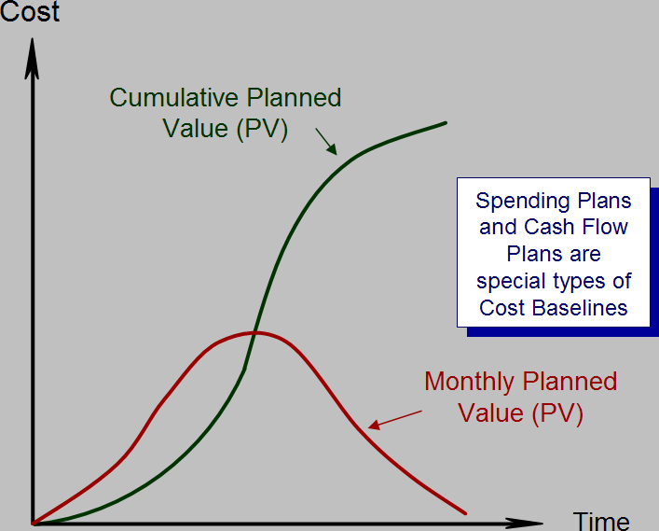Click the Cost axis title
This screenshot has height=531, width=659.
tap(30, 11)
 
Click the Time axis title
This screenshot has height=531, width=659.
tap(601, 522)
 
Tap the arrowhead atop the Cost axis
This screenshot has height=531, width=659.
tap(32, 58)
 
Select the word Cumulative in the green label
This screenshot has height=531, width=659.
tap(174, 98)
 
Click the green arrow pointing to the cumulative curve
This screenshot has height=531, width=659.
tap(326, 142)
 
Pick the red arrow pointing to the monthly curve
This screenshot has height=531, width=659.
tap(395, 420)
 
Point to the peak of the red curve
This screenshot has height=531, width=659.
tap(255, 333)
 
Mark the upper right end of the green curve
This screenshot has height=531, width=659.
tap(446, 123)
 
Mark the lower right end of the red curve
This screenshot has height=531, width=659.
tap(465, 513)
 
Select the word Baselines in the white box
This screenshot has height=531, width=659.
tap(580, 308)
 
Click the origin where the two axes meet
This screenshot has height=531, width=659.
tap(33, 524)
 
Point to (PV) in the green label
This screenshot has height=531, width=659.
tap(262, 129)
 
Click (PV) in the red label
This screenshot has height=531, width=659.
tap(557, 413)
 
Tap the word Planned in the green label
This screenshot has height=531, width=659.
tap(294, 98)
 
